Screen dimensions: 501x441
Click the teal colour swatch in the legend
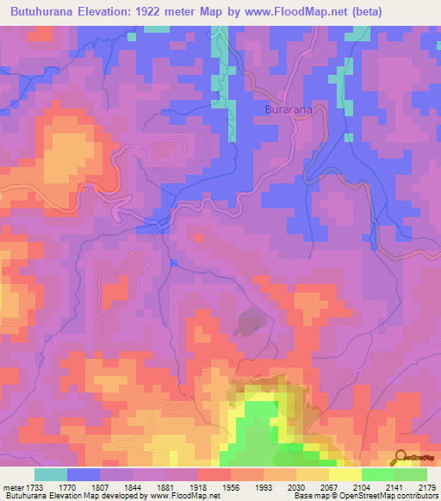click(x=51, y=474)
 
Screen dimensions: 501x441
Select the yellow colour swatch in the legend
click(x=345, y=474)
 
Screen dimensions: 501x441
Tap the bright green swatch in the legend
click(x=377, y=474)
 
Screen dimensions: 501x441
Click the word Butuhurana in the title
click(x=43, y=12)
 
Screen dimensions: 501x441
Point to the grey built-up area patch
click(x=250, y=324)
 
